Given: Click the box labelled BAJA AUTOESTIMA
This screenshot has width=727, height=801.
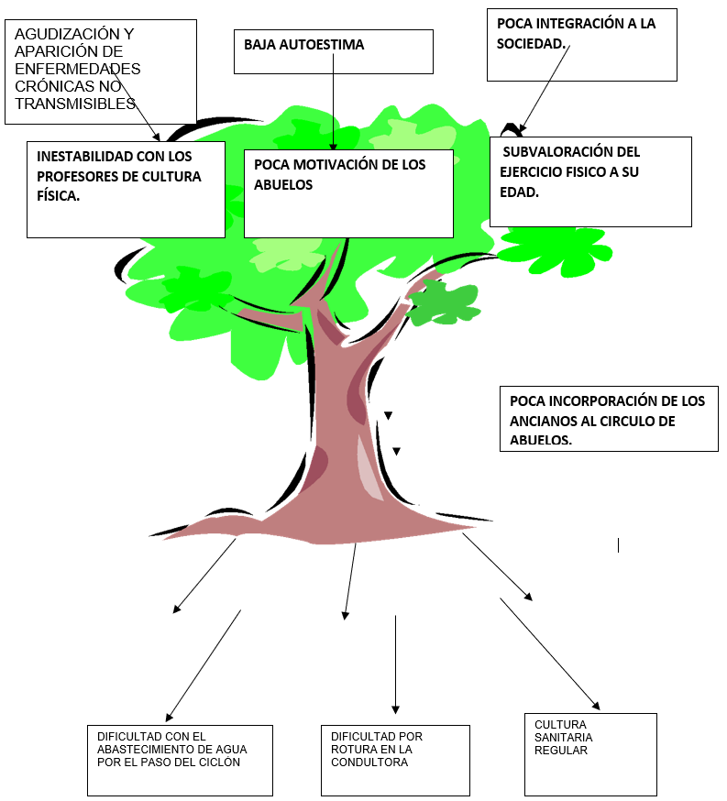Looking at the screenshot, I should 333,51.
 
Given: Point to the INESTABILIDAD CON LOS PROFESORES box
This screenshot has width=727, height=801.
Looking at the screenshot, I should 126,189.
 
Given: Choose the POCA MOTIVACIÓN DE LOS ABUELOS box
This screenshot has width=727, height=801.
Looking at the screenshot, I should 348,193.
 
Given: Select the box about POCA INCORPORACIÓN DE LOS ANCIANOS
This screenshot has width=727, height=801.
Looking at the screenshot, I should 609,419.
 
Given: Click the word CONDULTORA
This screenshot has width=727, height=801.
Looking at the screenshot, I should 369,762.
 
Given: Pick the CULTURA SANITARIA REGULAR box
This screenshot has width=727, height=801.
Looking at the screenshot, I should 590,753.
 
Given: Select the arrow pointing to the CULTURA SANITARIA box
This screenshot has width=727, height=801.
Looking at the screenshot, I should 550,654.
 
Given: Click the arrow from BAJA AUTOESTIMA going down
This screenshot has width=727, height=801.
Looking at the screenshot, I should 333,101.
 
